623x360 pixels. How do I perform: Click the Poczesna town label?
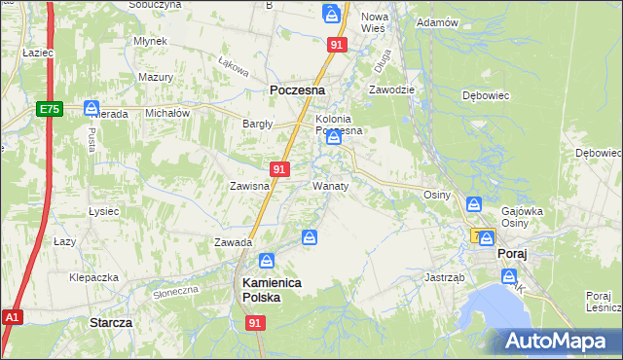[296, 90]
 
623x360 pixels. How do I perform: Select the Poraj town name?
[511, 253]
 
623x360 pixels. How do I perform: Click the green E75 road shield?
[51, 110]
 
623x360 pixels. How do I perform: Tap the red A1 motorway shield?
[12, 317]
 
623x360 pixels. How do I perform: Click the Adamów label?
[436, 21]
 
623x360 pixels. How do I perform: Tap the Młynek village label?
[152, 42]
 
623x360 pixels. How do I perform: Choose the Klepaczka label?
[93, 277]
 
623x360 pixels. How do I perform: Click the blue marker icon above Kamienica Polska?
[266, 261]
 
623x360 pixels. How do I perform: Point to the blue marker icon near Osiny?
[473, 204]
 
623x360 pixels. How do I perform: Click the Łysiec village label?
[103, 211]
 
